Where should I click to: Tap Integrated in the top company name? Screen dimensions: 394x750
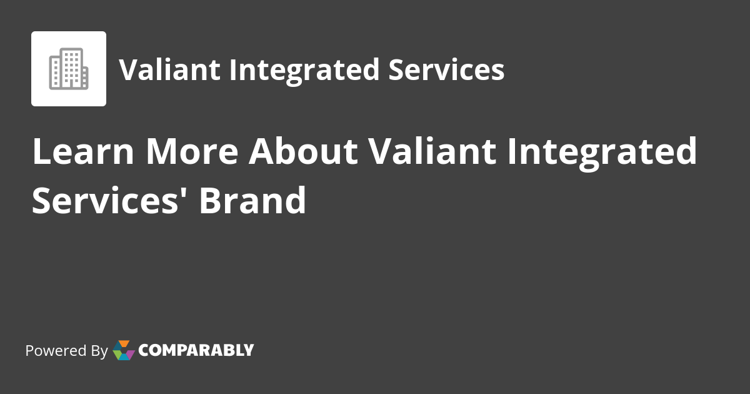[304, 69]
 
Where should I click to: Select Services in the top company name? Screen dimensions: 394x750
[446, 69]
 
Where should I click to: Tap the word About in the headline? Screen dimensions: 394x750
[302, 152]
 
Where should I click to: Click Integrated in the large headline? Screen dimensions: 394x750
[601, 152]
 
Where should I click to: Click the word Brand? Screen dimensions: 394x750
[253, 200]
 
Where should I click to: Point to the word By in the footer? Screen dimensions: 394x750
[99, 351]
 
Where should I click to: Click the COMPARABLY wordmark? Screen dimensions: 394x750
[196, 350]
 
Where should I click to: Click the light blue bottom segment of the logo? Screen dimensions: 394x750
[124, 357]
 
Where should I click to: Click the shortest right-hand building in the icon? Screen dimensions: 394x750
[84, 76]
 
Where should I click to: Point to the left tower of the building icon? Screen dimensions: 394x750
[55, 73]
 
